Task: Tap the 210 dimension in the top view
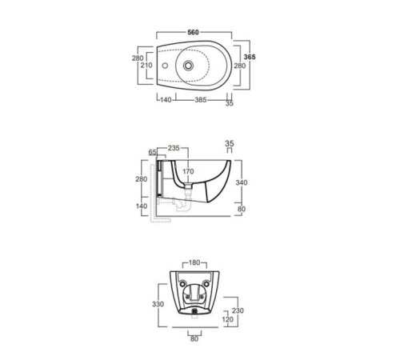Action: (146, 66)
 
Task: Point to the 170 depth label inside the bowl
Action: (189, 171)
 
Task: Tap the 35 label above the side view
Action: (230, 144)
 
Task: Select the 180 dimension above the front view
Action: (195, 262)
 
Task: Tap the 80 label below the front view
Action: (194, 337)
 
